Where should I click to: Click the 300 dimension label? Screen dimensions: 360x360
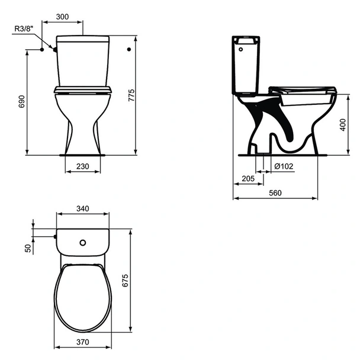[62, 17]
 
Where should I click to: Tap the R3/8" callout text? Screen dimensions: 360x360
[24, 28]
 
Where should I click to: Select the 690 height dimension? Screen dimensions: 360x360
[21, 101]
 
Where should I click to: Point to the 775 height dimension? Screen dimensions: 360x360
[131, 95]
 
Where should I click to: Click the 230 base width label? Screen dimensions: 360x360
[83, 166]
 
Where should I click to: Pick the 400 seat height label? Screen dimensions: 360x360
[343, 125]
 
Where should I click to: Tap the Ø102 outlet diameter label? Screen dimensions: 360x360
[284, 166]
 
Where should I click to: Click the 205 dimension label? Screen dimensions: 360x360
[248, 178]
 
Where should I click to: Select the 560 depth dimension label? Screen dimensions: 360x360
[275, 193]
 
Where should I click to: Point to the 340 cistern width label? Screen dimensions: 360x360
[83, 208]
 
